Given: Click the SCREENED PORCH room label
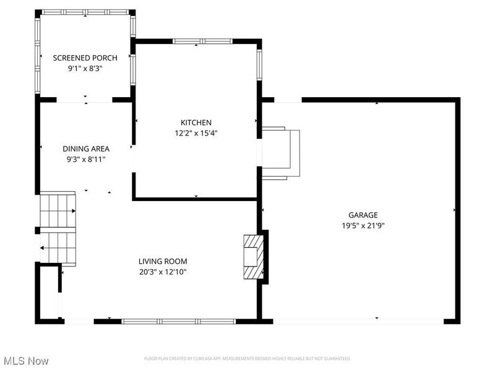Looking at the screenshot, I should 85,58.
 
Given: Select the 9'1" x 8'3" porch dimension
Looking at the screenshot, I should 85,69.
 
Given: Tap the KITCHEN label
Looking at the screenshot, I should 196,122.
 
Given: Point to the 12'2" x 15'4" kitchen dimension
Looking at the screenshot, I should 196,133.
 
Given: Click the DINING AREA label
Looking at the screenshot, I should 86,148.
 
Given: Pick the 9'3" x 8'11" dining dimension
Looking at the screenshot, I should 86,159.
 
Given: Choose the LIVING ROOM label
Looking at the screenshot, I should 163,261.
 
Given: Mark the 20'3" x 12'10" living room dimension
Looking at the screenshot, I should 163,271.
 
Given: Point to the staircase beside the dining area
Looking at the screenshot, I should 58,229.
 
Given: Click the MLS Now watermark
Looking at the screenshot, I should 25,360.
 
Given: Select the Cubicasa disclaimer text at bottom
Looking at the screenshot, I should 247,359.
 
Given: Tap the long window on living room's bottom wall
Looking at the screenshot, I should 179,321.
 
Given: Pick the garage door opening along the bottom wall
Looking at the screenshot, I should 358,321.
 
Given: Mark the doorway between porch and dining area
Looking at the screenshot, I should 85,100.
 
